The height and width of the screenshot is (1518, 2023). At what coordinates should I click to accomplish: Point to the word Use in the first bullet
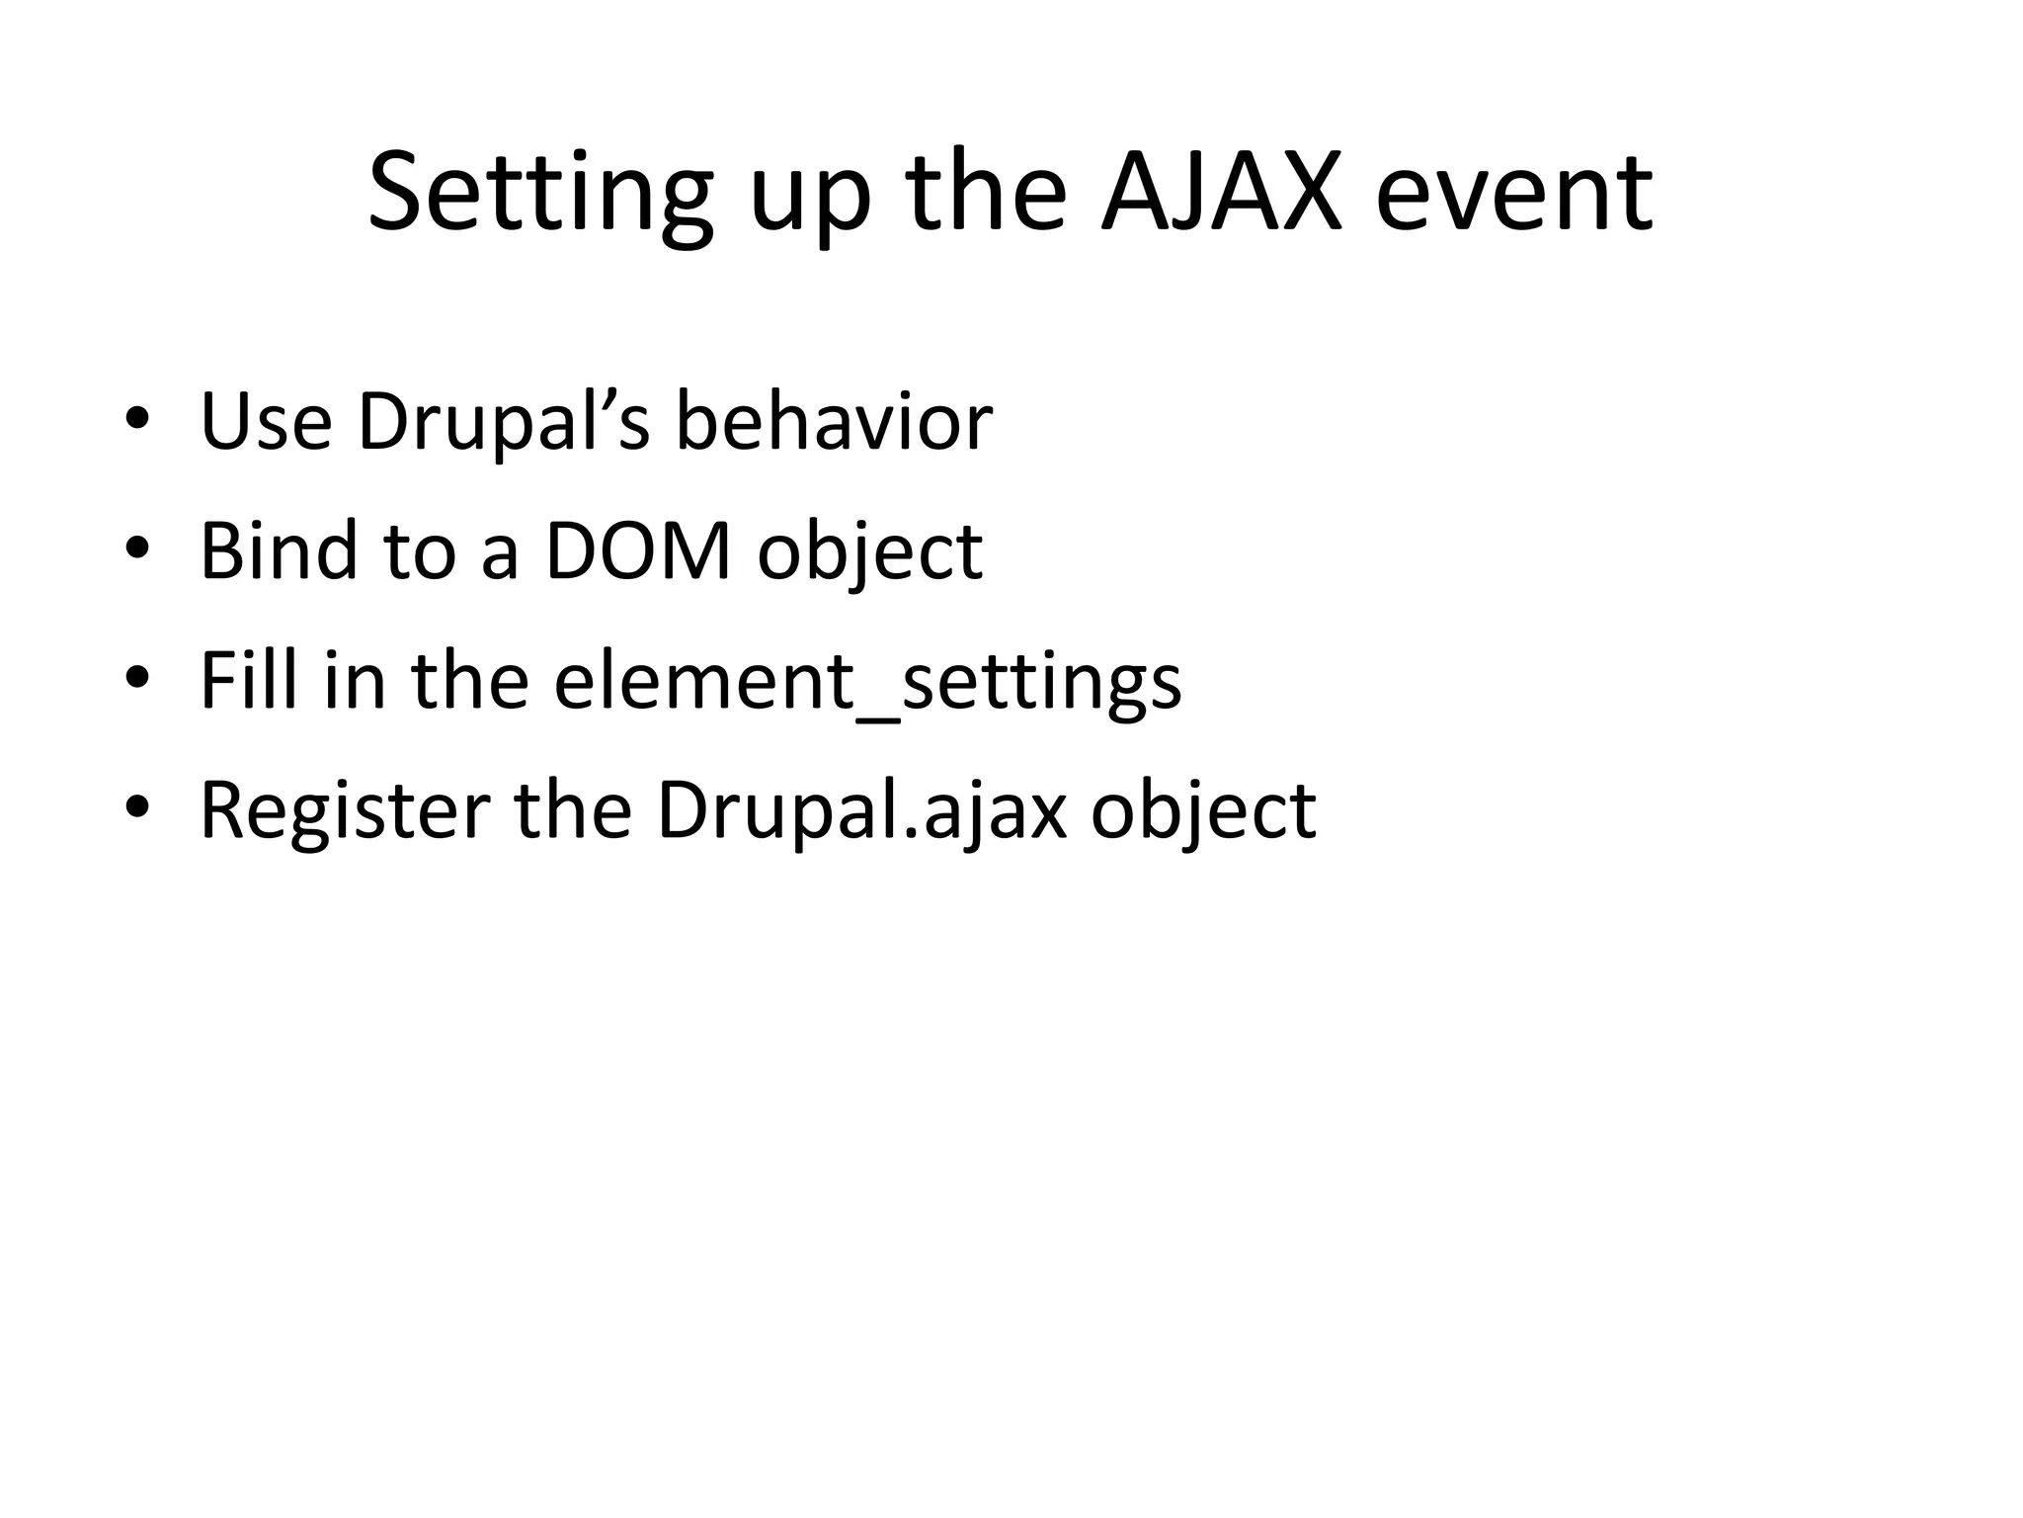pos(266,422)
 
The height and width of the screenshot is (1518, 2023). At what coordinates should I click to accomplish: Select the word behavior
pos(834,422)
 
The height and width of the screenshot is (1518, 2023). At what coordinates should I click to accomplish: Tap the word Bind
pos(279,550)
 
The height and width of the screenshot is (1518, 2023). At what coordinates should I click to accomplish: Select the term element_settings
pos(867,682)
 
